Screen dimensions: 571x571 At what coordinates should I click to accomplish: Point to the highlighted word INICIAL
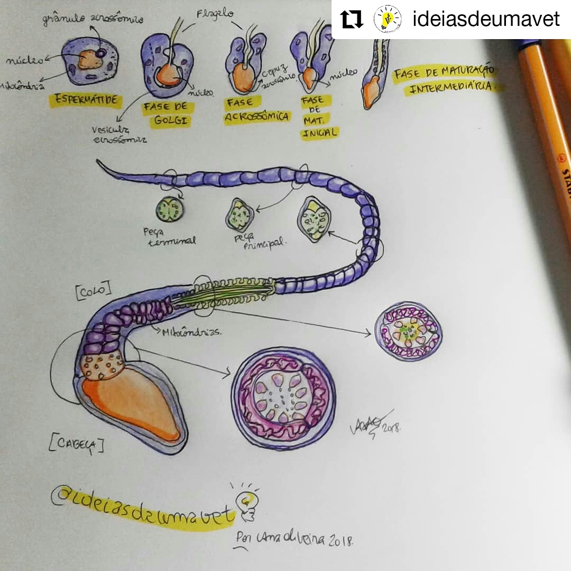click(319, 133)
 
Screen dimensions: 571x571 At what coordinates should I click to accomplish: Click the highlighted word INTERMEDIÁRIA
click(454, 88)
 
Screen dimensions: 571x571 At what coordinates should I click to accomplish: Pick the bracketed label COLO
click(94, 290)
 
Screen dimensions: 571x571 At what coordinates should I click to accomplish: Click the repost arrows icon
click(352, 20)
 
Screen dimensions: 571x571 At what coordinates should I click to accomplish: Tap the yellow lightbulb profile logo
click(388, 20)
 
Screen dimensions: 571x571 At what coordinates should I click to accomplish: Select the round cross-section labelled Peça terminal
click(169, 209)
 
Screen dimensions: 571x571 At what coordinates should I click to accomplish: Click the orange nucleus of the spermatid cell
click(90, 60)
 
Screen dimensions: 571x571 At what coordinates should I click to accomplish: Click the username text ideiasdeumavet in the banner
click(485, 20)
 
